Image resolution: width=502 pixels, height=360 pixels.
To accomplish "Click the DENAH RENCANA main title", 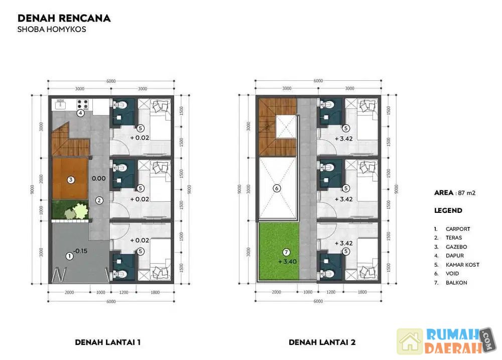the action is [64, 18].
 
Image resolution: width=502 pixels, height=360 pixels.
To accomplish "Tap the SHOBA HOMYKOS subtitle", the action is [52, 30].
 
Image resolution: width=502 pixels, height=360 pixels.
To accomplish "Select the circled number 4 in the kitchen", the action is [80, 113].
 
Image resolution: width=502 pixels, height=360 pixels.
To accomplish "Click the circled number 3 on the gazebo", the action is [71, 180].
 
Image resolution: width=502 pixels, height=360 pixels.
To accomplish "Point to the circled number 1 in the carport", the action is [69, 256].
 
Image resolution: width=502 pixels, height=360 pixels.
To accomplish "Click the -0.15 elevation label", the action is [80, 251].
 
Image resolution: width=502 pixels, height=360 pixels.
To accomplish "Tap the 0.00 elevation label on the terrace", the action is [98, 178].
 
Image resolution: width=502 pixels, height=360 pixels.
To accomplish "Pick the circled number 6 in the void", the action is [277, 188].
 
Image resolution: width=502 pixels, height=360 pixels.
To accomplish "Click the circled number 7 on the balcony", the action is [286, 253].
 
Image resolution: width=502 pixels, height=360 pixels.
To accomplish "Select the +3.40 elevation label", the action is [288, 262].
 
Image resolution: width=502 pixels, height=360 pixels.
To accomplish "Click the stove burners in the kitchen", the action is [83, 104].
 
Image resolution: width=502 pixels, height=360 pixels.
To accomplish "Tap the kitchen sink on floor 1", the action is [60, 104].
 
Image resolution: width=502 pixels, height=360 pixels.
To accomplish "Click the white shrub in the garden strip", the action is [80, 211].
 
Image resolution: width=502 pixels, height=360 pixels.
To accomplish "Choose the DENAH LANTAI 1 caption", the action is [107, 342].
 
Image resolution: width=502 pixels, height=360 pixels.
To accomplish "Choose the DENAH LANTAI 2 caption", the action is [322, 342].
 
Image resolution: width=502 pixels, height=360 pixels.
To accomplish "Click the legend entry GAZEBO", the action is [456, 247].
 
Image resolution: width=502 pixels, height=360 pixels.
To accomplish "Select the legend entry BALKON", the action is [456, 283].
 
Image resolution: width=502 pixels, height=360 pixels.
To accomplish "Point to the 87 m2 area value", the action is [466, 193].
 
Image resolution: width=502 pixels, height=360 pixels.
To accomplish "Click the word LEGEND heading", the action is [448, 210].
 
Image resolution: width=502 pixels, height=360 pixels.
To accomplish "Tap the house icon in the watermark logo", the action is [410, 341].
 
